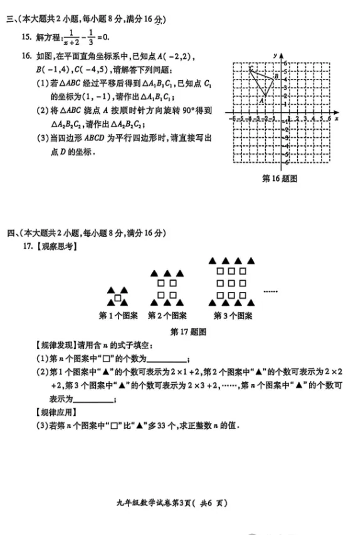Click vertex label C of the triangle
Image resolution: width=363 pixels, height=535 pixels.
(x=250, y=68)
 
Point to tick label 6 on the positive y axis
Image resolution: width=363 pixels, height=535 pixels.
(x=284, y=63)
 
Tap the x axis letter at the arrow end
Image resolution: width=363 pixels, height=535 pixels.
(x=337, y=118)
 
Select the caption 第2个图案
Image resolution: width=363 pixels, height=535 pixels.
(x=167, y=315)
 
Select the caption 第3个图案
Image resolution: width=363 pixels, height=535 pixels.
(x=233, y=315)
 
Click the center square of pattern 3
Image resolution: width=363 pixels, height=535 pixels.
(x=232, y=283)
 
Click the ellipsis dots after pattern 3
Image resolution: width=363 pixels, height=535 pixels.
(x=270, y=291)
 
